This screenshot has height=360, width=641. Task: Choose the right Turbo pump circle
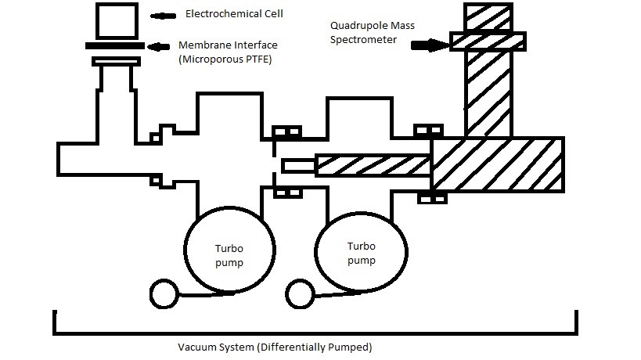tap(361, 250)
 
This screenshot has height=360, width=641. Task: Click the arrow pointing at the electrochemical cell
tap(165, 15)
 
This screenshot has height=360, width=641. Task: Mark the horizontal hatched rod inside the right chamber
tap(373, 166)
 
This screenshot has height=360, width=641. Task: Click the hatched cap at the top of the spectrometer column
tap(487, 41)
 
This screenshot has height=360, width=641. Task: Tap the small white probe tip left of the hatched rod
tap(298, 165)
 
